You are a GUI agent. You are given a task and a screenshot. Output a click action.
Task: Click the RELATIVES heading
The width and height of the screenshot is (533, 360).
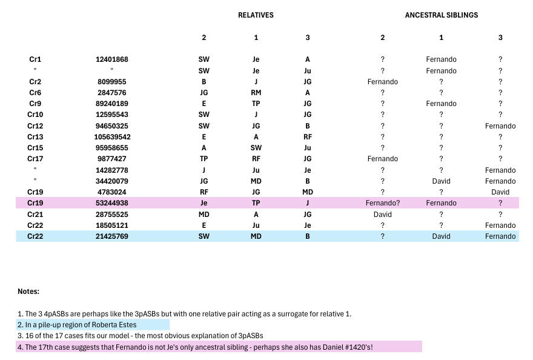[x=256, y=15]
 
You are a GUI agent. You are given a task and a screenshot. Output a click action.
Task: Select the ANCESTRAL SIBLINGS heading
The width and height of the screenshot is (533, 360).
[x=441, y=15]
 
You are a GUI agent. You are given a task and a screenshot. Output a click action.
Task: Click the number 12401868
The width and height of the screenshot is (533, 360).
[x=112, y=59]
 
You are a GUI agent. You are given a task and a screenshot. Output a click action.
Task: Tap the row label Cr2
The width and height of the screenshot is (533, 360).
[x=35, y=82]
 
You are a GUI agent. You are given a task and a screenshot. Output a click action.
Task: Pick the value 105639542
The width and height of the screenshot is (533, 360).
[x=112, y=137]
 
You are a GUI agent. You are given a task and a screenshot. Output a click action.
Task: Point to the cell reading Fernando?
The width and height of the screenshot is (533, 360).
[x=382, y=203]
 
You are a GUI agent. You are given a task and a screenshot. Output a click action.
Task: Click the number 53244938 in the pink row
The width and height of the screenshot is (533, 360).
[x=112, y=203]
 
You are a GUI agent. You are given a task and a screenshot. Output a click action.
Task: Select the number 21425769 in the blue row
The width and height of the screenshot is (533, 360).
[x=112, y=236]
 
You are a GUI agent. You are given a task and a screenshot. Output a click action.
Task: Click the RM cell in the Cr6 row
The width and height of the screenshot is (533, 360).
[x=256, y=93]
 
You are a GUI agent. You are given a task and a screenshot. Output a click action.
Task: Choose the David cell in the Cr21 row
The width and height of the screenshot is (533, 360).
[x=382, y=215]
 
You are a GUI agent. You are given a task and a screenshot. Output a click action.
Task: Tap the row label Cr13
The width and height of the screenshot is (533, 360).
[x=35, y=137]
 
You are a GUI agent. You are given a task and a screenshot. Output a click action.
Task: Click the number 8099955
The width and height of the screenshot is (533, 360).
[x=112, y=82]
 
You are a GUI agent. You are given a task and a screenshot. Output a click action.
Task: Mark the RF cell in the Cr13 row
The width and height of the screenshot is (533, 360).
[x=308, y=137]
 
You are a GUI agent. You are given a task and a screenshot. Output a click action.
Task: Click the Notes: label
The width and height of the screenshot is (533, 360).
[x=28, y=292]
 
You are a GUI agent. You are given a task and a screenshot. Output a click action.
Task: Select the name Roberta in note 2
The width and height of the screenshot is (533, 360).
[x=105, y=325]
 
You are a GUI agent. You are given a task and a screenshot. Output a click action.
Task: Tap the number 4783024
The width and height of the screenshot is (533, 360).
[x=112, y=192]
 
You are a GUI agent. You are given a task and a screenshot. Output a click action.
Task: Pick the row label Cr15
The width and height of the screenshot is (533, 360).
[x=35, y=148]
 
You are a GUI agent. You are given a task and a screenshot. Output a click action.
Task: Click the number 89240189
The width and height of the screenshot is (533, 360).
[x=112, y=104]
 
